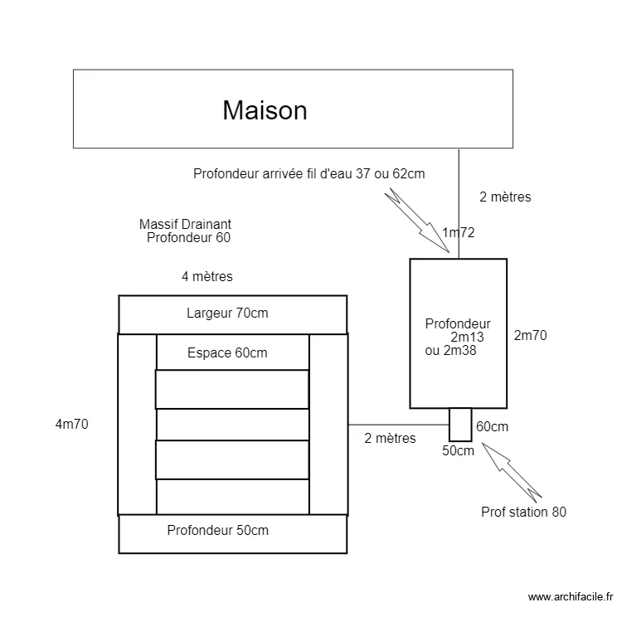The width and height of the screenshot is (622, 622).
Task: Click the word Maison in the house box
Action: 265,110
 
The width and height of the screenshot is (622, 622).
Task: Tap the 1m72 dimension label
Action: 459,233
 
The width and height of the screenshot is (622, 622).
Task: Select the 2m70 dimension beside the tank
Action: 531,336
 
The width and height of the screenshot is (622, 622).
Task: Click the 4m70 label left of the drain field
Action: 71,424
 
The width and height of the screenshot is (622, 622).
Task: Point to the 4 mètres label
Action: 207,276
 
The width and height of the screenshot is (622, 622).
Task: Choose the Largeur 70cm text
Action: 227,313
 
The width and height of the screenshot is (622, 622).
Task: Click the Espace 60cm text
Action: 227,353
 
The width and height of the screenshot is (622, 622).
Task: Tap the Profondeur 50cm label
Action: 218,530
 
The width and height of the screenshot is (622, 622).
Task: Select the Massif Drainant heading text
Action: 185,224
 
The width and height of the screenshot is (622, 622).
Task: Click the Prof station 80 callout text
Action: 523,512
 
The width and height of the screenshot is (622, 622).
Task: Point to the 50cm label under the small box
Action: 458,451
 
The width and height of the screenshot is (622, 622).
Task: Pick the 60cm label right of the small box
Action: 492,426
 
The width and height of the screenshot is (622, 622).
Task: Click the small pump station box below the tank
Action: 460,424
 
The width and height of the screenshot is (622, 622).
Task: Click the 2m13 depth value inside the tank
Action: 467,338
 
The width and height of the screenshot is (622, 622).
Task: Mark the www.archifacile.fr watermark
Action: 570,596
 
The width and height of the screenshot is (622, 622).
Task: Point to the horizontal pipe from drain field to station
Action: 398,424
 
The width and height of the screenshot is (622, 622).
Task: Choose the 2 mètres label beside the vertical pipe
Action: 505,197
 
